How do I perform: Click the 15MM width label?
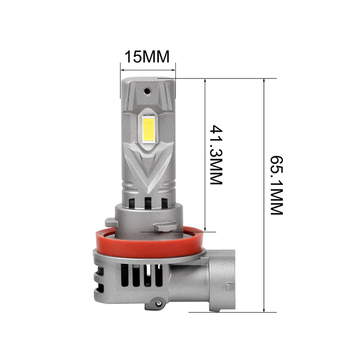147,57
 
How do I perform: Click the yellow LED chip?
148,128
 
